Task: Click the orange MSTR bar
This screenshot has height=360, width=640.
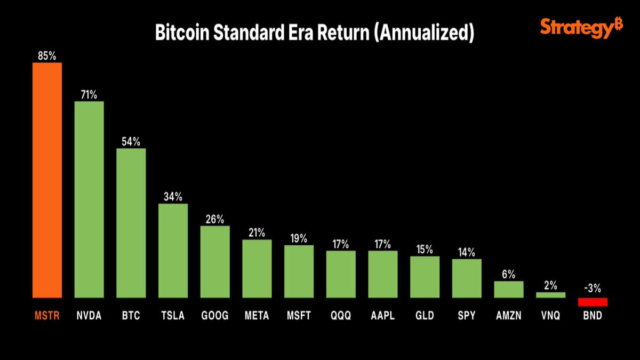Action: pyautogui.click(x=47, y=180)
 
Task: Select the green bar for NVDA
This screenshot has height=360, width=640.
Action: pyautogui.click(x=89, y=199)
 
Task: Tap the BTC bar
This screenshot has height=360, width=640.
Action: pyautogui.click(x=131, y=222)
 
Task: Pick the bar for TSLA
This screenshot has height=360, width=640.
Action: pyautogui.click(x=173, y=250)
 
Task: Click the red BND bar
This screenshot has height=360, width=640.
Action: pyautogui.click(x=593, y=302)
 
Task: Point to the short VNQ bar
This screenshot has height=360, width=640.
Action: pyautogui.click(x=550, y=295)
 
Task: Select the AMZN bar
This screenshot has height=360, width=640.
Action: pyautogui.click(x=509, y=289)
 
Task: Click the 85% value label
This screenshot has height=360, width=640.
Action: pyautogui.click(x=47, y=55)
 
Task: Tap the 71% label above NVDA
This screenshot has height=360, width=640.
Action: pyautogui.click(x=89, y=94)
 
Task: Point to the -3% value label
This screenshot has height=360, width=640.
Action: pyautogui.click(x=593, y=289)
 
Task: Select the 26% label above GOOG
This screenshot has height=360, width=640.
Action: pyautogui.click(x=215, y=219)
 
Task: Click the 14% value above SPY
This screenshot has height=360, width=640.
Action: pyautogui.click(x=467, y=252)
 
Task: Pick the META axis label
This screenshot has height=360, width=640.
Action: pyautogui.click(x=257, y=316)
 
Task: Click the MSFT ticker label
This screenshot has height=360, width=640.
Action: pyautogui.click(x=299, y=316)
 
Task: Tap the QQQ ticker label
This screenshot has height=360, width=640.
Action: pyautogui.click(x=341, y=316)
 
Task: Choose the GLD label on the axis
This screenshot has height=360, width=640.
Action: pyautogui.click(x=425, y=316)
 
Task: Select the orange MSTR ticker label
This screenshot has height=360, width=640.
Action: pyautogui.click(x=47, y=316)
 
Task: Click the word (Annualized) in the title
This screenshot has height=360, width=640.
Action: pyautogui.click(x=424, y=33)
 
